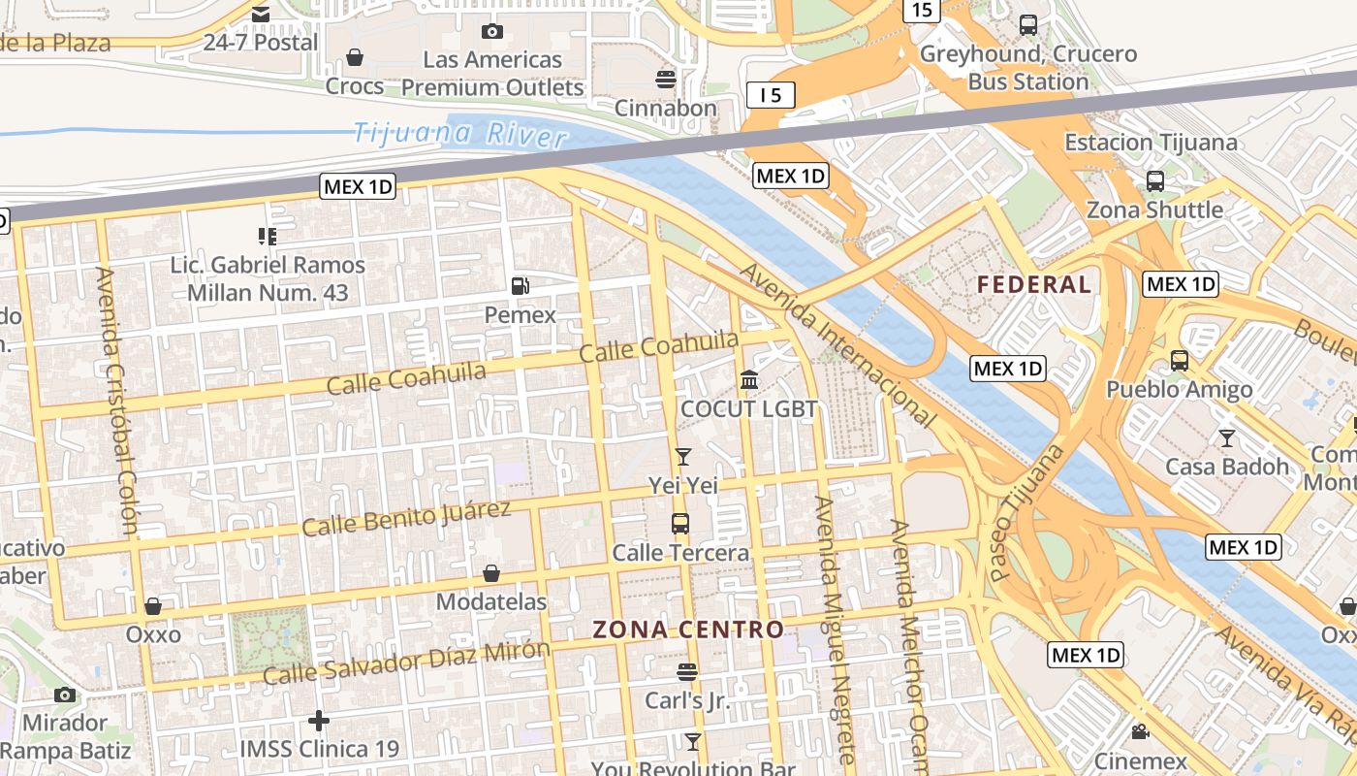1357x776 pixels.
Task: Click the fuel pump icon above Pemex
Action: pos(521,285)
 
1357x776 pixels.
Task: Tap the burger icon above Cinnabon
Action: pos(665,79)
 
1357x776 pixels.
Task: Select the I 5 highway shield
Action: pos(771,94)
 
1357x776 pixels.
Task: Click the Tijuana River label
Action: pos(459,134)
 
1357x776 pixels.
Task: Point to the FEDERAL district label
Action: pos(1034,284)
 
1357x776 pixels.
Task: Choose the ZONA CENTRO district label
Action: pos(688,629)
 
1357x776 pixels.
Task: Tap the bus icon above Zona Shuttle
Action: pos(1154,180)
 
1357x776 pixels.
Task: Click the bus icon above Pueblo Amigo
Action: pos(1179,361)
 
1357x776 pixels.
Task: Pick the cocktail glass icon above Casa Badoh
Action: pos(1227,437)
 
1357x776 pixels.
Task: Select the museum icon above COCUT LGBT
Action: pos(749,380)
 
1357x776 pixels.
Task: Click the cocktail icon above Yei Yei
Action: pos(683,456)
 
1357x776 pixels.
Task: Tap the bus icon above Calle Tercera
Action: pos(680,524)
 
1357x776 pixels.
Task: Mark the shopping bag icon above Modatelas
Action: pos(491,573)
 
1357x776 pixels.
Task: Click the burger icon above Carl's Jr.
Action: pos(687,671)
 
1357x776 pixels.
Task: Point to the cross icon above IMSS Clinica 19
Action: pos(319,721)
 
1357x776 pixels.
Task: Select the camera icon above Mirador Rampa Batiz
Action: pos(65,695)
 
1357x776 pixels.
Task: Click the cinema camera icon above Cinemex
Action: pos(1140,732)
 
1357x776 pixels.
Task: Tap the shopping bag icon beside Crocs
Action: pos(355,58)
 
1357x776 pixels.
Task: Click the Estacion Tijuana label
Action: pos(1151,143)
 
